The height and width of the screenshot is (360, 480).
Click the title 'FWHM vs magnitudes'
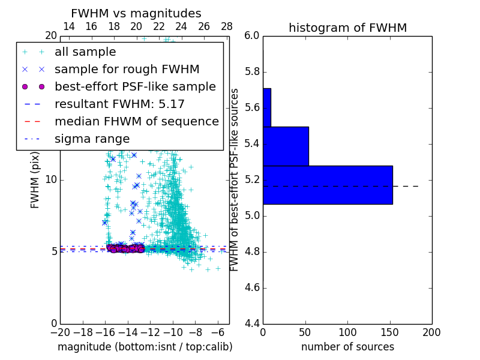[136, 13]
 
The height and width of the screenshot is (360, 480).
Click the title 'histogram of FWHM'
[347, 28]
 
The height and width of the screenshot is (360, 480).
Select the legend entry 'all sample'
[85, 52]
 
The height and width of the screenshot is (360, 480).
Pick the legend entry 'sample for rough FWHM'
[127, 70]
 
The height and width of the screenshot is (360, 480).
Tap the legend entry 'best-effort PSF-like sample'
[135, 86]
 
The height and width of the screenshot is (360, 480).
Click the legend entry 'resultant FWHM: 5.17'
[119, 104]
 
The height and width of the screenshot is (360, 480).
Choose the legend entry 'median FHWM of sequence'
[136, 121]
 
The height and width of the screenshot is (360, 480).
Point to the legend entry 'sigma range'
[92, 139]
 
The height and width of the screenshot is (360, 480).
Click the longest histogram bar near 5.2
[328, 185]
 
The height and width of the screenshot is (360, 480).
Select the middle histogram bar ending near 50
[286, 146]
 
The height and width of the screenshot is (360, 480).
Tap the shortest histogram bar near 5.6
[266, 107]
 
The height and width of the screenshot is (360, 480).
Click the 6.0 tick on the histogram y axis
[252, 36]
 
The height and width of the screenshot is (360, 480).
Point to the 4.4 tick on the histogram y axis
[252, 323]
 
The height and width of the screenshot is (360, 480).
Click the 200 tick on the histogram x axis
[431, 332]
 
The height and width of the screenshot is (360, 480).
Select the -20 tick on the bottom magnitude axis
[60, 332]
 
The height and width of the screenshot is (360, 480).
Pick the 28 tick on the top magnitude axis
[227, 26]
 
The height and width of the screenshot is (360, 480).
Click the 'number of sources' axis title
[347, 347]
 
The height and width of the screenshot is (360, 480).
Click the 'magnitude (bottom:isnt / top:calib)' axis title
[145, 347]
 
